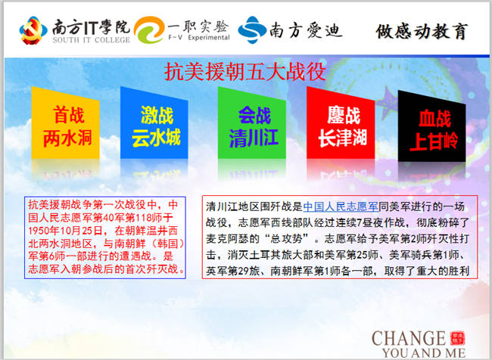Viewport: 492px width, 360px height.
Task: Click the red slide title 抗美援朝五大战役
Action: [x=245, y=72]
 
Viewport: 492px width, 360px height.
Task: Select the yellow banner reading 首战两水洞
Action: [x=66, y=123]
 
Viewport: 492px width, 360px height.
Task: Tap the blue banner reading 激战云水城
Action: [x=154, y=123]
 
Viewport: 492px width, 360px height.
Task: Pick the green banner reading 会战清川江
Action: [x=251, y=123]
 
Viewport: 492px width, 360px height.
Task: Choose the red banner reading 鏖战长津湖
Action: [x=341, y=123]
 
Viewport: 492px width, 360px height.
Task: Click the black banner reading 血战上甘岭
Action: [x=431, y=126]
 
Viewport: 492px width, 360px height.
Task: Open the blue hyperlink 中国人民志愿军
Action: [x=341, y=206]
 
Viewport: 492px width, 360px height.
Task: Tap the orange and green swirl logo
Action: [x=149, y=29]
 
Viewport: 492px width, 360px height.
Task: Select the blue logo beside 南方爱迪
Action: [x=252, y=29]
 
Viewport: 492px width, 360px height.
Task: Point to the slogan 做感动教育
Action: [x=422, y=31]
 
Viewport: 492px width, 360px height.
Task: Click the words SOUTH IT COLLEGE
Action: [x=92, y=40]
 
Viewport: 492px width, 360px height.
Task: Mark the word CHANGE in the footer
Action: [x=409, y=339]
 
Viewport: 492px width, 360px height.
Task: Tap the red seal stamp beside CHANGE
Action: [x=457, y=338]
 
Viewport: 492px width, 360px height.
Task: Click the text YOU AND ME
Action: [x=424, y=352]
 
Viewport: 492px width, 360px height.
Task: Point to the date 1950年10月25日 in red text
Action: [x=65, y=231]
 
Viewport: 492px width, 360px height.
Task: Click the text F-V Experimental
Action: [x=199, y=38]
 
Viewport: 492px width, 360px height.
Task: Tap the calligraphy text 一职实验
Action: [x=198, y=26]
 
